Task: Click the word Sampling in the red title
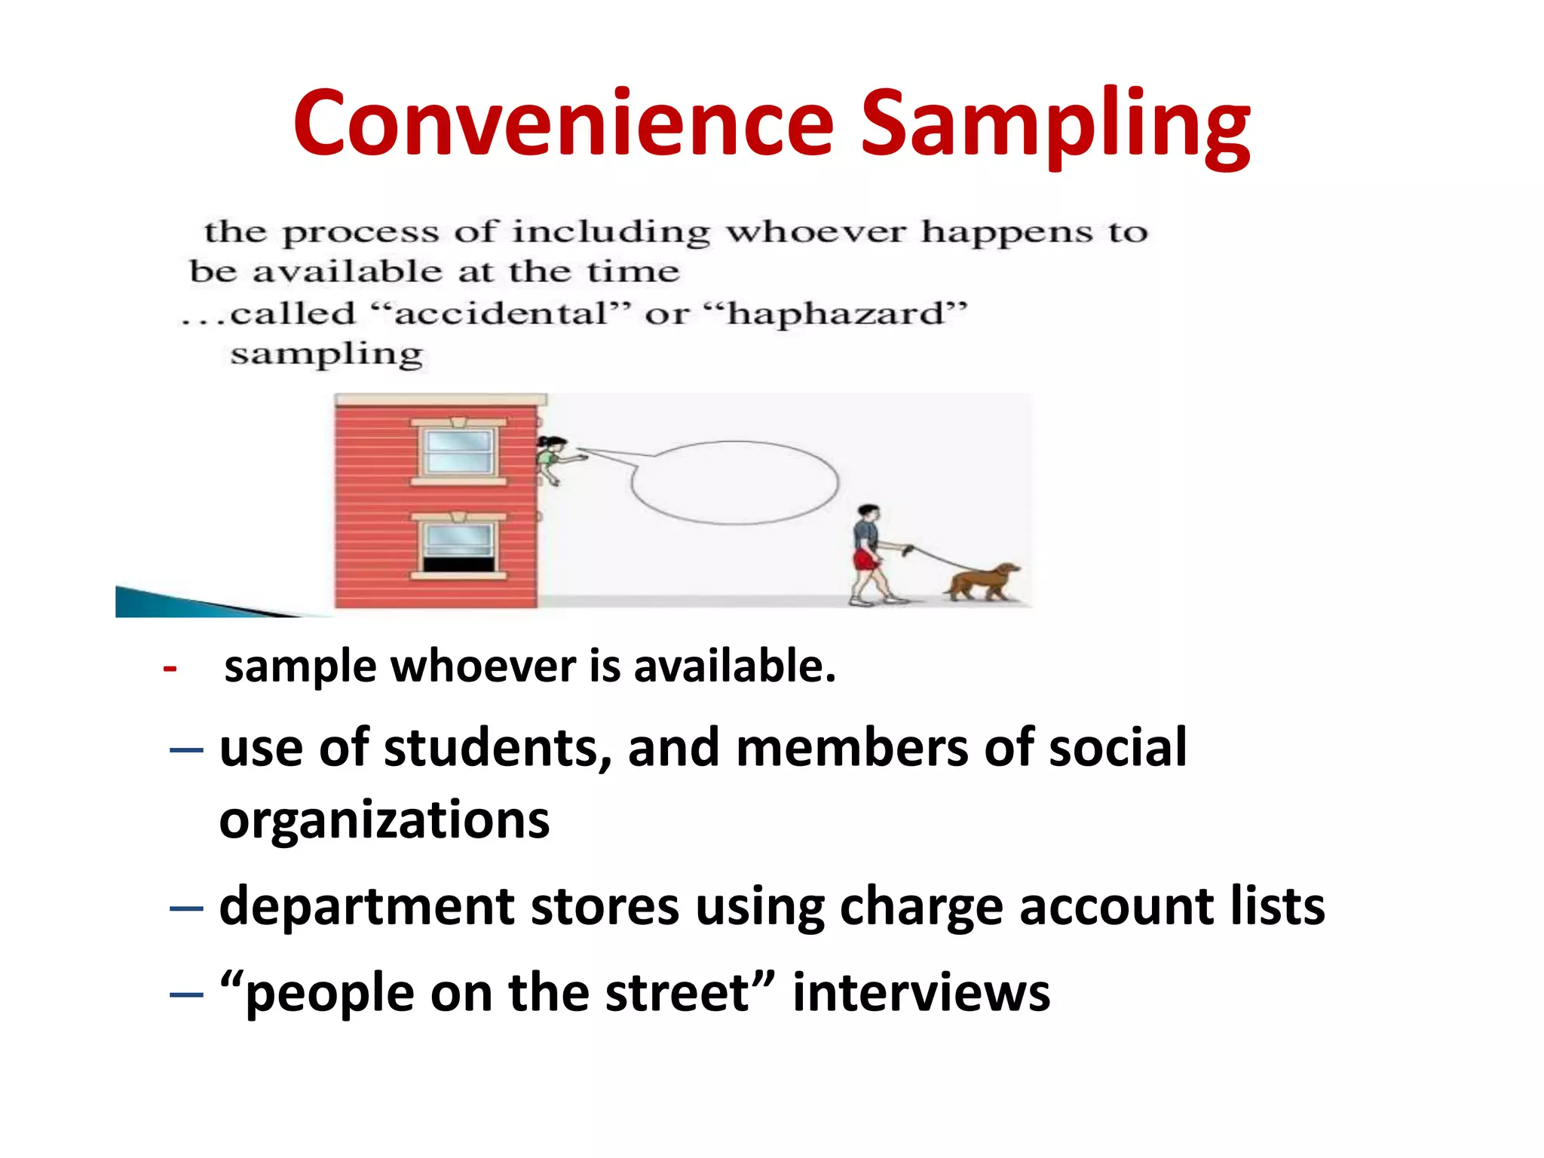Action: pos(1055,124)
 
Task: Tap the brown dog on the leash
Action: pos(983,582)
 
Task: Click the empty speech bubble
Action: pos(735,482)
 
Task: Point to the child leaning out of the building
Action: pos(553,457)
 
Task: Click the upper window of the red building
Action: pos(458,452)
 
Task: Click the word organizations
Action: pos(384,820)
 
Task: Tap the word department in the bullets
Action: pos(366,906)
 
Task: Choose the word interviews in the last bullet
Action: pos(921,993)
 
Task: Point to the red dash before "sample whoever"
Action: pos(170,669)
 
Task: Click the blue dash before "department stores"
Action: pos(186,908)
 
